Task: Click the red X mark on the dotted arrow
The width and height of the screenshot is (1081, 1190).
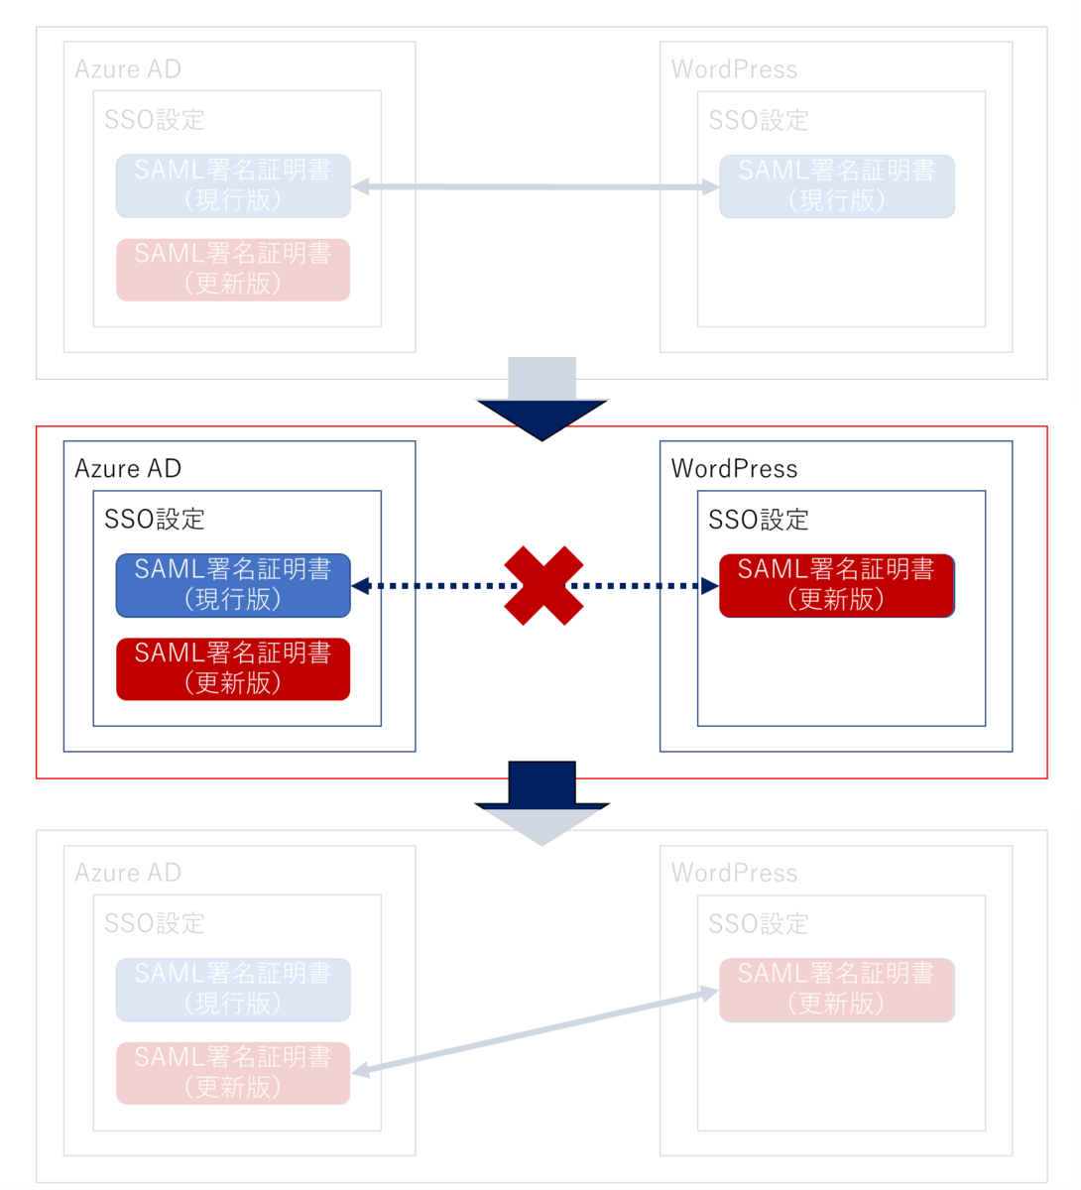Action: click(542, 585)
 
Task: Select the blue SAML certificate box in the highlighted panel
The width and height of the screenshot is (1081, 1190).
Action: click(233, 585)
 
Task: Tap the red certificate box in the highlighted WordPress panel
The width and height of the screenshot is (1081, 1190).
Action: click(837, 585)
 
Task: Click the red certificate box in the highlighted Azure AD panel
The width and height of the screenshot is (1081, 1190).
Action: click(233, 668)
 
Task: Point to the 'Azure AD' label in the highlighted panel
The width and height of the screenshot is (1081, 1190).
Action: click(128, 468)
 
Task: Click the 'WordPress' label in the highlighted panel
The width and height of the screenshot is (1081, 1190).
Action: click(734, 469)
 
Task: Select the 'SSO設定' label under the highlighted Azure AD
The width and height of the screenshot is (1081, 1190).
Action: click(155, 519)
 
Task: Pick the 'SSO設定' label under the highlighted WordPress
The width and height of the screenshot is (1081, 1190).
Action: click(759, 519)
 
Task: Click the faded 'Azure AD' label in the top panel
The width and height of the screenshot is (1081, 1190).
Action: click(128, 68)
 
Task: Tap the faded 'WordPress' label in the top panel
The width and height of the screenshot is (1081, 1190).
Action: click(734, 69)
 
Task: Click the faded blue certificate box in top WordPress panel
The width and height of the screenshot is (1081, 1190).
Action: click(837, 186)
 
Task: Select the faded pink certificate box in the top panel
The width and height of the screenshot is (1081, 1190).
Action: click(233, 270)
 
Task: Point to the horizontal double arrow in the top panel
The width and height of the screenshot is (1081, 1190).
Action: click(535, 186)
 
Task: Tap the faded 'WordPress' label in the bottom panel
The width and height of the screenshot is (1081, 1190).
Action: click(734, 873)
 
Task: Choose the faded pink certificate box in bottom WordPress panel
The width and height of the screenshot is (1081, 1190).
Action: click(837, 990)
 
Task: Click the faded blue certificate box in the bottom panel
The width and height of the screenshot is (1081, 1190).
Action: click(233, 989)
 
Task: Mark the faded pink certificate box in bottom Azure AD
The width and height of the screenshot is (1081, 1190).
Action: click(233, 1073)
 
